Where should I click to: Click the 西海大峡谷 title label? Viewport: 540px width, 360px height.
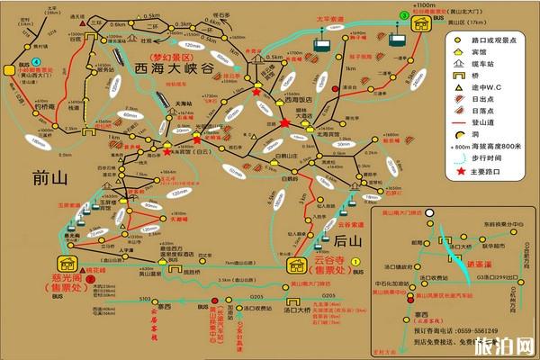pyautogui.click(x=176, y=67)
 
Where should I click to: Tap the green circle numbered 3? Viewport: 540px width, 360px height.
pyautogui.click(x=404, y=15)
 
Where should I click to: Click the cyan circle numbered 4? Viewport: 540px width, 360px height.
pyautogui.click(x=35, y=61)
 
